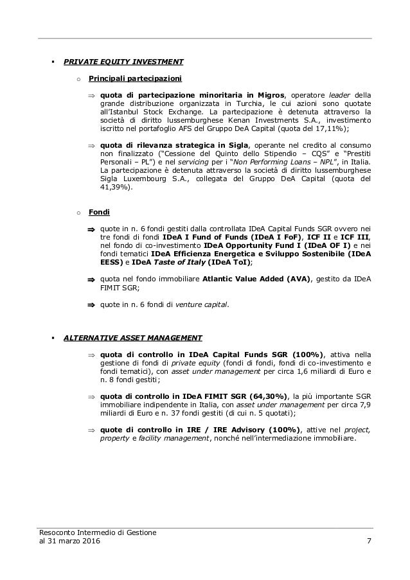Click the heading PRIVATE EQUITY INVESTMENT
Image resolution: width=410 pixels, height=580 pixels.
123,62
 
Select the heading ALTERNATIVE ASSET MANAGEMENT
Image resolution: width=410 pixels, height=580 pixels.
133,337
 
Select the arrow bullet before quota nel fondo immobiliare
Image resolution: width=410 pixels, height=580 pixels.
91,279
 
